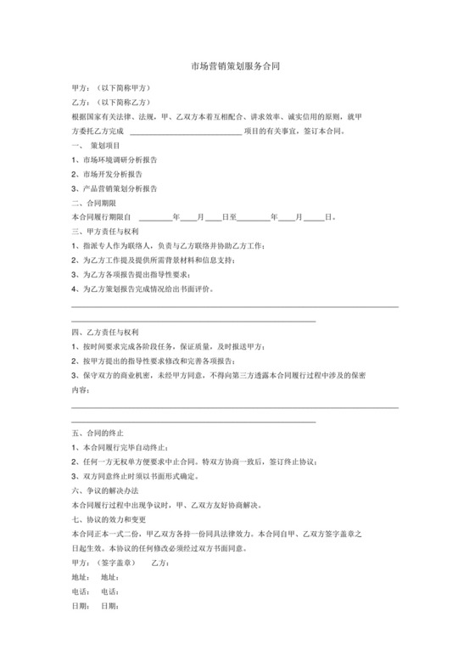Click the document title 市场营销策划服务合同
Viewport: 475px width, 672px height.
point(236,65)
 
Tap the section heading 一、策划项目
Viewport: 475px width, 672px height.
point(99,146)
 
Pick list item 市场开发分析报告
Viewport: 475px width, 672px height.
point(115,174)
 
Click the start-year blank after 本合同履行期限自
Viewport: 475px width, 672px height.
point(154,218)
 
